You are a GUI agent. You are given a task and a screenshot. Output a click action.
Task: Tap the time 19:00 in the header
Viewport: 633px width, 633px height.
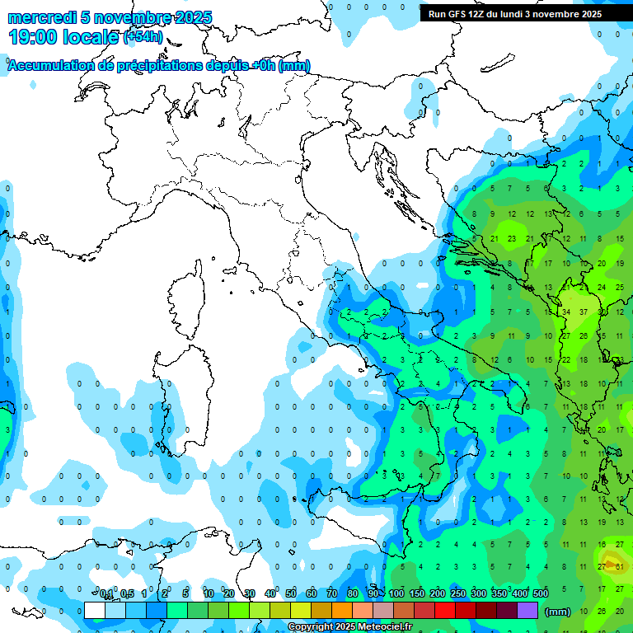(x=33, y=36)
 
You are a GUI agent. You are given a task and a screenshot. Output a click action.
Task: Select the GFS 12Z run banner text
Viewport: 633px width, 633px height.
(x=514, y=14)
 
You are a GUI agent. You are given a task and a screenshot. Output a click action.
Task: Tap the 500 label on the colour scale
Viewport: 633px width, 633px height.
(x=541, y=593)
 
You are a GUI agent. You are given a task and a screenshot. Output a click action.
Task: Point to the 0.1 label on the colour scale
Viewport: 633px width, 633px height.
(x=106, y=593)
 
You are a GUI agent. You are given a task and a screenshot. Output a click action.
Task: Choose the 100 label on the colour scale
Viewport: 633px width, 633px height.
(x=396, y=593)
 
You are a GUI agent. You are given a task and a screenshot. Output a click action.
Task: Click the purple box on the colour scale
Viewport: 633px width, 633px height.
(x=527, y=610)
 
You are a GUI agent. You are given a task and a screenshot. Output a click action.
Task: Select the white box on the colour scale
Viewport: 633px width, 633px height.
(x=95, y=610)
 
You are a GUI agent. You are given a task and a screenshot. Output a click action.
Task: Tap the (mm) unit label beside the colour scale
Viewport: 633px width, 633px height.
(x=558, y=611)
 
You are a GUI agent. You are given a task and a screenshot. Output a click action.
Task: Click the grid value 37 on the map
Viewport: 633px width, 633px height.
(x=584, y=312)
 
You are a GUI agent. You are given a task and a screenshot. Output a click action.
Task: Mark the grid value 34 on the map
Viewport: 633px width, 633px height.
(x=566, y=312)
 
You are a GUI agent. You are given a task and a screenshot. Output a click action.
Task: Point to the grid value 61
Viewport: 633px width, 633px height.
(x=619, y=565)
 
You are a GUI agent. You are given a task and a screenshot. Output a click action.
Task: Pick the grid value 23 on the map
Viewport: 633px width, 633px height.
(x=512, y=239)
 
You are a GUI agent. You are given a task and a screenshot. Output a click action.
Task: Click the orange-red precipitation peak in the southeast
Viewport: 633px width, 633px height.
(x=611, y=565)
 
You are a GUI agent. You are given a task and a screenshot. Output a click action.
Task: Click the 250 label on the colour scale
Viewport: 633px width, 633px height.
(x=458, y=593)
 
